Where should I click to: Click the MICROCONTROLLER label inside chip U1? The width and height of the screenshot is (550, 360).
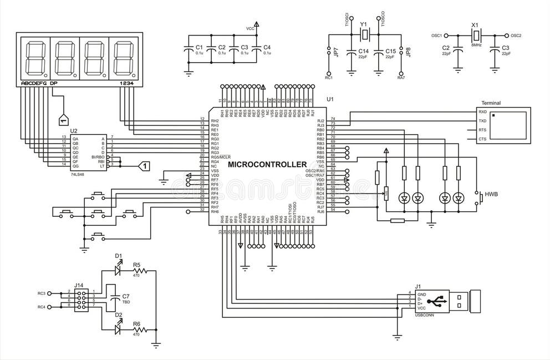pyautogui.click(x=267, y=165)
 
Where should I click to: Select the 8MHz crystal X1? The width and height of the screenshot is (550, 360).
pyautogui.click(x=475, y=36)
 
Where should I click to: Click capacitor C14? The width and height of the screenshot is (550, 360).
pyautogui.click(x=351, y=52)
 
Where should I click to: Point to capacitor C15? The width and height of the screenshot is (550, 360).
pyautogui.click(x=379, y=52)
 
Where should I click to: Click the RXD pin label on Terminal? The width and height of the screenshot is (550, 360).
pyautogui.click(x=482, y=111)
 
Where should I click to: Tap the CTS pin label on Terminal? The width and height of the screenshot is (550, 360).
pyautogui.click(x=482, y=139)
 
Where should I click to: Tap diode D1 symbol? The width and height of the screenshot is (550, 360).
pyautogui.click(x=118, y=271)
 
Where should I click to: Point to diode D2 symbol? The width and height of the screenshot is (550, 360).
pyautogui.click(x=118, y=329)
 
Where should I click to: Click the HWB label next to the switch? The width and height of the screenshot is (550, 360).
pyautogui.click(x=491, y=195)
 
